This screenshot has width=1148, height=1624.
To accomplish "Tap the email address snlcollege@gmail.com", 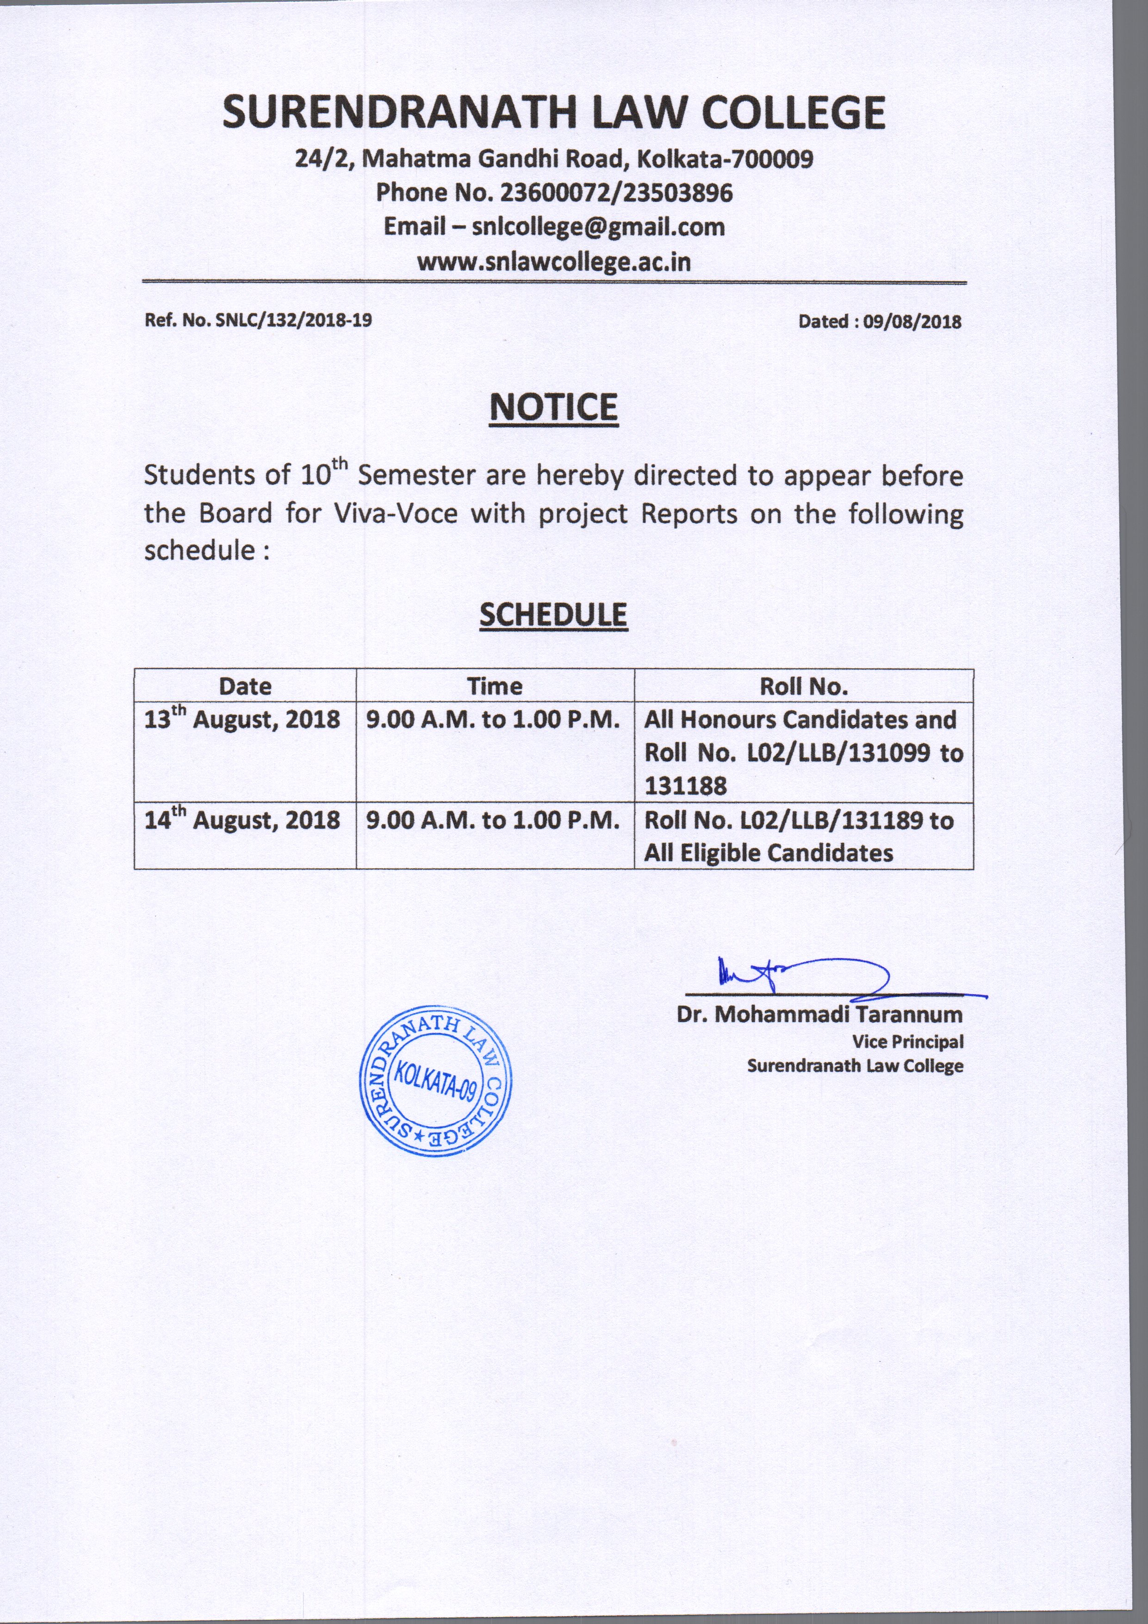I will [x=598, y=227].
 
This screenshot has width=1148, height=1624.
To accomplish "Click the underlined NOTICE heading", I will [x=554, y=408].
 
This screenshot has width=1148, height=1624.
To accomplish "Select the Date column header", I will [x=245, y=686].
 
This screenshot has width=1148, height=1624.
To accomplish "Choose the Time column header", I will [x=495, y=686].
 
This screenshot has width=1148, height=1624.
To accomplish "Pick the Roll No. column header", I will [x=804, y=686].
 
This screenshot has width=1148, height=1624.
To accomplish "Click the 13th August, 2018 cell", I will [x=242, y=720].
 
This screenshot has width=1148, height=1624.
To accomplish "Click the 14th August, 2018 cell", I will [x=242, y=821].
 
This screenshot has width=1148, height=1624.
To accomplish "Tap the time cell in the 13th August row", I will [x=493, y=720].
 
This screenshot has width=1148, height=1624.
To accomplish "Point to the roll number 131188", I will [x=685, y=786].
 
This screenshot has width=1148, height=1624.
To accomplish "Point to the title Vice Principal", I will [x=907, y=1042].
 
